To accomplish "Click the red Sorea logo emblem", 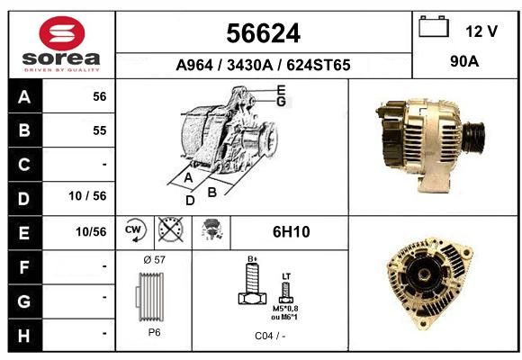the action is tap(62, 33).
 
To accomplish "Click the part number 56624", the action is tap(264, 33).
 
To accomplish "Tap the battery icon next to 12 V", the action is tap(434, 26).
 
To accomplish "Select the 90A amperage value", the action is tap(464, 61).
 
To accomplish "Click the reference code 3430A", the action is tap(249, 65).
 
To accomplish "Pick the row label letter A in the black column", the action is tap(24, 97).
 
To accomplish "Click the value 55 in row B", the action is tap(100, 130).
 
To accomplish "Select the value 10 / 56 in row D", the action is tap(87, 196).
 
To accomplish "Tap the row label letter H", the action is tap(24, 336).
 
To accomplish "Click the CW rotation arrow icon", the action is tap(135, 229).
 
